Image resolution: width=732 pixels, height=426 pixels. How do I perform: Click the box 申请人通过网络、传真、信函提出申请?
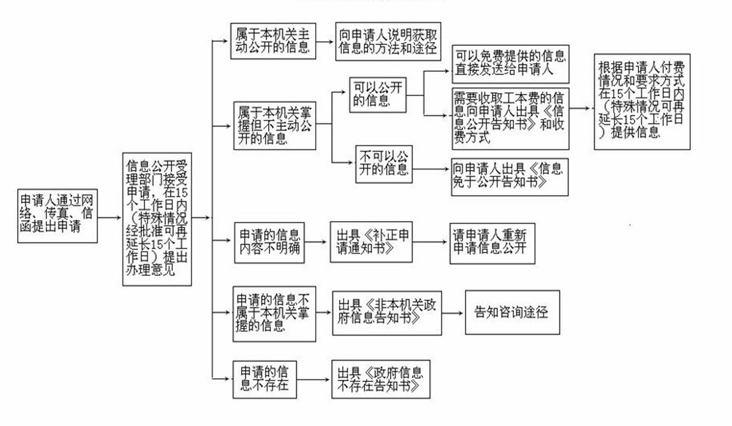[57, 216]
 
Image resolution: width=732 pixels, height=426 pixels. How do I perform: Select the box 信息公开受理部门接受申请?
[157, 219]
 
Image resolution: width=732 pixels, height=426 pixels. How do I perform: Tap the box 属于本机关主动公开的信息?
[273, 41]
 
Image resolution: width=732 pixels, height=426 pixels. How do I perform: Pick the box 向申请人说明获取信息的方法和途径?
[388, 41]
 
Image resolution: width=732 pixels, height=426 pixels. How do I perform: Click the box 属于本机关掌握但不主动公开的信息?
[274, 126]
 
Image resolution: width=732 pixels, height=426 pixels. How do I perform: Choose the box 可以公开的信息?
[378, 95]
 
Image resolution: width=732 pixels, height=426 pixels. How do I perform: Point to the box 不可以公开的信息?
[384, 164]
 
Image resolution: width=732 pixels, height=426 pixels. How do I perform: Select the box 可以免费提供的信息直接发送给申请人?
[510, 64]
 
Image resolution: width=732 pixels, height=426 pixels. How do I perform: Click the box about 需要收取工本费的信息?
[510, 119]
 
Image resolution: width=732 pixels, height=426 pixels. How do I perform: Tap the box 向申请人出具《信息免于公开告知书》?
[509, 177]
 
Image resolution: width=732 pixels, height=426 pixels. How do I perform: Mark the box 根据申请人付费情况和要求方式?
[642, 101]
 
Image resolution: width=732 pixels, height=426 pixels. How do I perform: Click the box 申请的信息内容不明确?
[269, 242]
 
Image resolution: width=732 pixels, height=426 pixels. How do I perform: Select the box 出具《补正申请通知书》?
[371, 242]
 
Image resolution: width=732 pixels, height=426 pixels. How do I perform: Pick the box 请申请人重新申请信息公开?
[492, 243]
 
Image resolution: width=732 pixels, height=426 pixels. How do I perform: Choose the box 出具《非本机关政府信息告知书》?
[387, 313]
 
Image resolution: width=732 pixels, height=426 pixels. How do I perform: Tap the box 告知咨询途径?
[512, 312]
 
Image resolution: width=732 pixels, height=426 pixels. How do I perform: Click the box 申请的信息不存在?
[265, 380]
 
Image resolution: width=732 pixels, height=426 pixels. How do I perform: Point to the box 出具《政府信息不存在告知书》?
[381, 379]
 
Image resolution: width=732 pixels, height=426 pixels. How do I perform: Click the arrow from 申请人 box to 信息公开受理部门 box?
[109, 218]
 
